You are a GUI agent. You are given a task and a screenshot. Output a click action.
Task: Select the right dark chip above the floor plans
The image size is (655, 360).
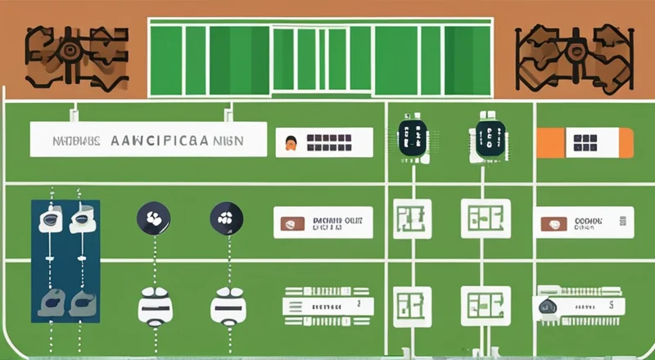point(490,136)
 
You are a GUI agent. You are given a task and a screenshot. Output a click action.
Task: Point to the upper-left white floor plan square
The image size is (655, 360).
point(412,219)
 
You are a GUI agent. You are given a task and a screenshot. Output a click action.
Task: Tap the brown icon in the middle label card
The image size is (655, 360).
point(291,223)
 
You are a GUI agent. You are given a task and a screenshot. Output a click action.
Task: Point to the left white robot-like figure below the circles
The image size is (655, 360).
point(154,306)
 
